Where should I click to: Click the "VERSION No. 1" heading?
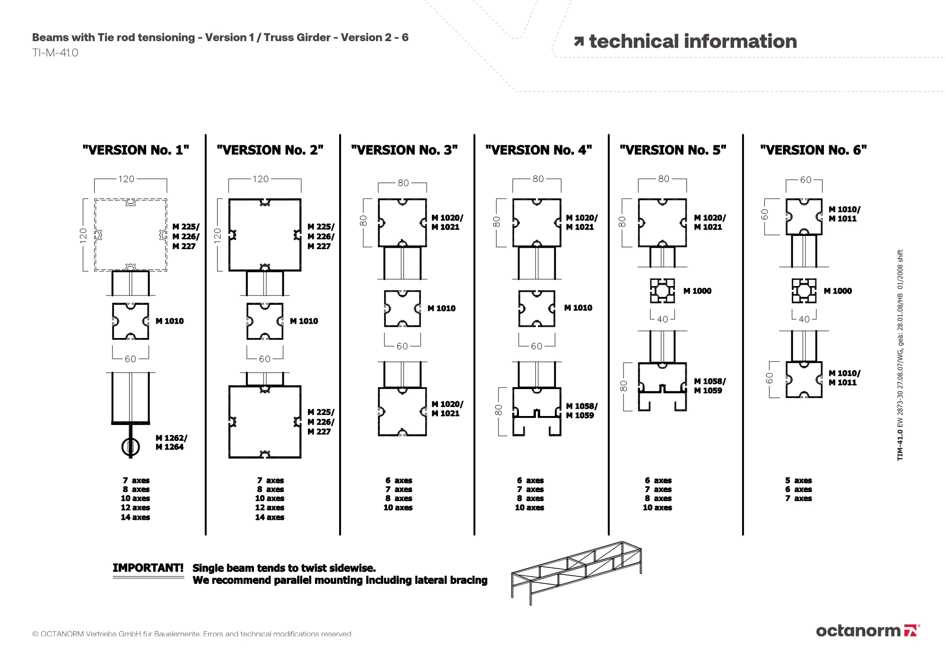pos(136,150)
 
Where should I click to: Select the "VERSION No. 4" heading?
pos(539,150)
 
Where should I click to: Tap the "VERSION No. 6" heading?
pos(813,150)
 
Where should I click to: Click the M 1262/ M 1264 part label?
pos(171,442)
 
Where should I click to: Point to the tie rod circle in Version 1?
pos(131,446)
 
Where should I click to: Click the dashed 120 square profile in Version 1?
pos(131,234)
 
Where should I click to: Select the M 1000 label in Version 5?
pos(697,291)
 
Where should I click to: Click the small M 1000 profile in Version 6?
pos(804,291)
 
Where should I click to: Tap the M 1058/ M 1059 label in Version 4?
pos(581,411)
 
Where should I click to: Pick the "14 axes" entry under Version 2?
pos(270,517)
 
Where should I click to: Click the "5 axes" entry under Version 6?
pos(798,480)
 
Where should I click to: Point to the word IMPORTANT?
pos(148,568)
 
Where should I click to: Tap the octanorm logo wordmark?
pos(858,631)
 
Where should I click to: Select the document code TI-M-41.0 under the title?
pos(55,53)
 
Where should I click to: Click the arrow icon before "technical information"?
pos(578,42)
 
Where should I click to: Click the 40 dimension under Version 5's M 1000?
pos(663,319)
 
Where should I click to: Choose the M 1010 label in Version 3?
pos(441,308)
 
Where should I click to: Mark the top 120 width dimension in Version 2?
pos(261,179)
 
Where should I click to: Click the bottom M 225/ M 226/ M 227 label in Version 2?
pos(321,422)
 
